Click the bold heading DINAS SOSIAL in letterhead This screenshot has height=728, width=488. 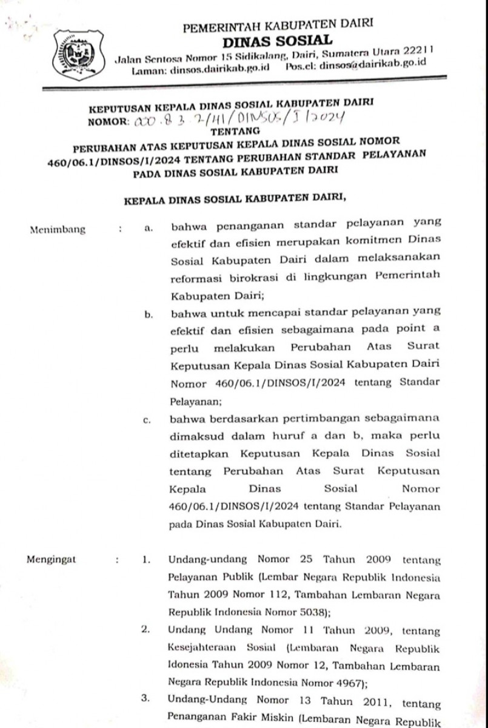[x=278, y=41]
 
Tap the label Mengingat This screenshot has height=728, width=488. [x=52, y=560]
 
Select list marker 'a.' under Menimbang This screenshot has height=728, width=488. [x=149, y=230]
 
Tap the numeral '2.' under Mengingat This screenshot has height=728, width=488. [x=145, y=630]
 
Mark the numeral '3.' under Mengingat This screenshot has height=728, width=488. [x=145, y=699]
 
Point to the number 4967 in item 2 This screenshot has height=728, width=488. [x=343, y=681]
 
